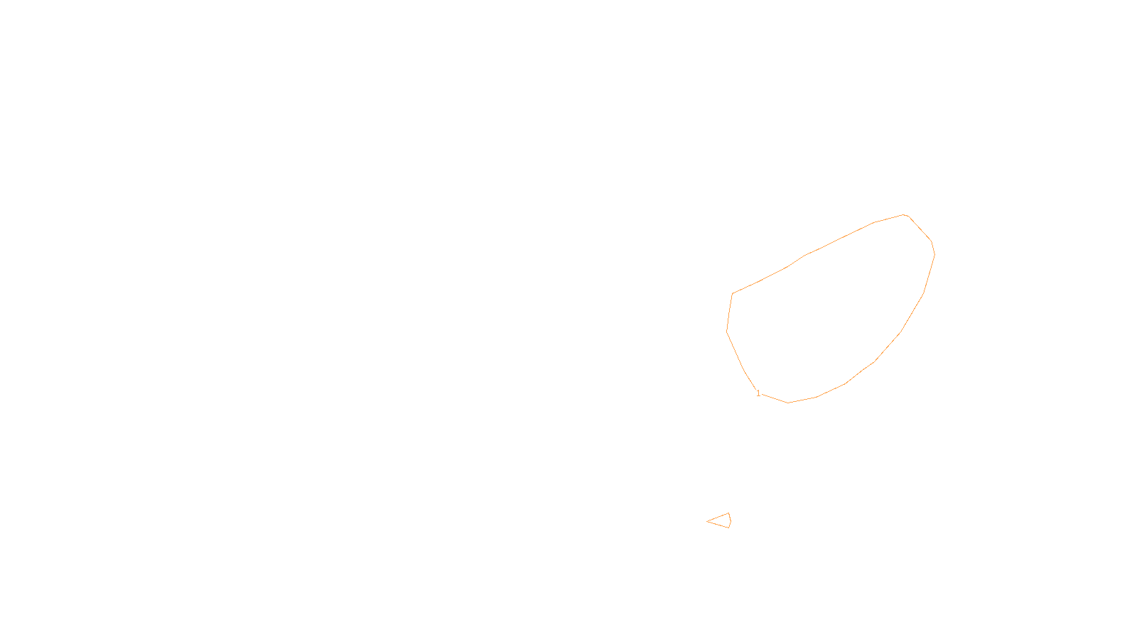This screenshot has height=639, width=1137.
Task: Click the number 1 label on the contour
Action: pos(758,393)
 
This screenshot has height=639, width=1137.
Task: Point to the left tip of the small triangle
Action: pos(707,521)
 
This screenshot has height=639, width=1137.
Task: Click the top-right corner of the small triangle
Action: pos(729,513)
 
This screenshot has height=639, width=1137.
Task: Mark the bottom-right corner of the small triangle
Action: pos(729,528)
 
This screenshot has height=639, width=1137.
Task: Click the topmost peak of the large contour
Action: pos(904,214)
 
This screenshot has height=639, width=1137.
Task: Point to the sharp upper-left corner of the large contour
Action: pos(733,294)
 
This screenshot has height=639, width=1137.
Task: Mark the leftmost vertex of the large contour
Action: pos(727,331)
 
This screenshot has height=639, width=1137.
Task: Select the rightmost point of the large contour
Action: pos(934,253)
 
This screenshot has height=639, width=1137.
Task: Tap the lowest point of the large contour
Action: pos(788,403)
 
